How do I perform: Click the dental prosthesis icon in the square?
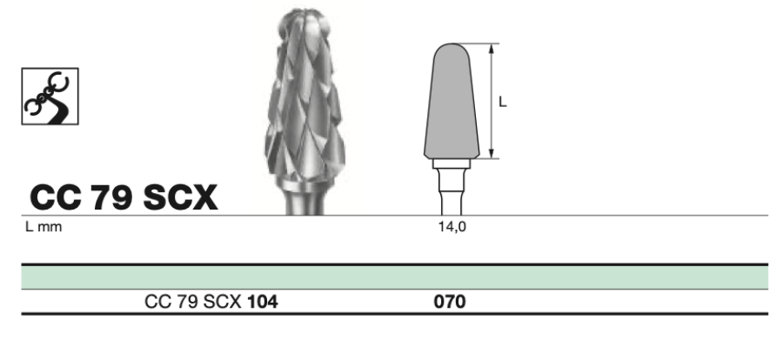point(50,97)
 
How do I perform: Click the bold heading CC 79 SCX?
point(124,197)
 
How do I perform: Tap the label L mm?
point(43,227)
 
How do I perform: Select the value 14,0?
point(452,227)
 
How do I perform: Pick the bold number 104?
point(263,302)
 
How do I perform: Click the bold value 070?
point(450,302)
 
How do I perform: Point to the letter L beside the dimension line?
point(502,102)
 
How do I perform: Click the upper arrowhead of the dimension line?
point(492,49)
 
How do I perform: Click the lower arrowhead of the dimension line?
point(492,153)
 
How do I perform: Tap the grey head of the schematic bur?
point(452,102)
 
